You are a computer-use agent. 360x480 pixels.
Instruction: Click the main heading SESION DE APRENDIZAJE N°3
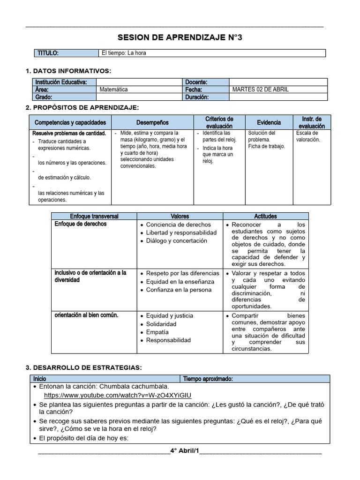click(180, 37)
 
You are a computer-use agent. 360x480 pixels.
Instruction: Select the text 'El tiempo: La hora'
click(124, 53)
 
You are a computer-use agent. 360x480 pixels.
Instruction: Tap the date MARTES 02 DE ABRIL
click(261, 90)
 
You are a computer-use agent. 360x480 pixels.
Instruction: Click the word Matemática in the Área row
click(113, 90)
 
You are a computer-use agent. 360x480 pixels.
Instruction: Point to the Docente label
click(196, 82)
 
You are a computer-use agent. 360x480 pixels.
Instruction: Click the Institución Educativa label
click(61, 82)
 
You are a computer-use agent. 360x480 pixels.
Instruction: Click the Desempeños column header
click(152, 122)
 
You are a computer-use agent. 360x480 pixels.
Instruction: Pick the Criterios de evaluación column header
click(219, 122)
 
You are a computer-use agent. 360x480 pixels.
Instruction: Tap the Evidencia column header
click(269, 122)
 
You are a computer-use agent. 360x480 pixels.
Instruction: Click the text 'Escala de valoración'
click(308, 136)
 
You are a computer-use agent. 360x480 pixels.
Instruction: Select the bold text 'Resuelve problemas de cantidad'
click(68, 133)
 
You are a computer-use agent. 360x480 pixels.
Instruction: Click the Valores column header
click(180, 216)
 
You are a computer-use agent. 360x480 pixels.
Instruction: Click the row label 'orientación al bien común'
click(86, 315)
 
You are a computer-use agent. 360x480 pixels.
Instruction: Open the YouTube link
click(117, 395)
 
